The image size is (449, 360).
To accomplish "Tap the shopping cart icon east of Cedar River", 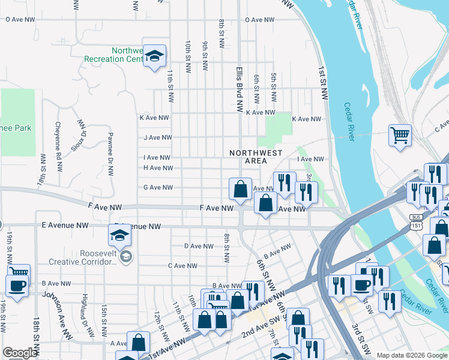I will click(x=400, y=134).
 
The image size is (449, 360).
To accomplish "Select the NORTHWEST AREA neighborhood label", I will click(x=256, y=157).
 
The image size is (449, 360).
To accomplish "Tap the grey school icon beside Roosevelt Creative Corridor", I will click(x=126, y=257).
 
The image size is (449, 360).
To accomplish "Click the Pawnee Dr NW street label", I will click(x=110, y=154).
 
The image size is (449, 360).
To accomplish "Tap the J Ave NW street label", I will click(x=157, y=137).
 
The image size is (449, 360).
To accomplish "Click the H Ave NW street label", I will click(x=157, y=168).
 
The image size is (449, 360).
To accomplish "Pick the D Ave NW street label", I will click(x=199, y=246).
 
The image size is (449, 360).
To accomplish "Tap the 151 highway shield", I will click(x=416, y=225).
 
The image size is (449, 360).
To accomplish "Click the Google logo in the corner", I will click(x=19, y=353).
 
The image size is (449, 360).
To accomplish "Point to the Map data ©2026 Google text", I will click(x=411, y=355).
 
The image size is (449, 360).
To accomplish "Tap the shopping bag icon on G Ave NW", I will click(x=240, y=189).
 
